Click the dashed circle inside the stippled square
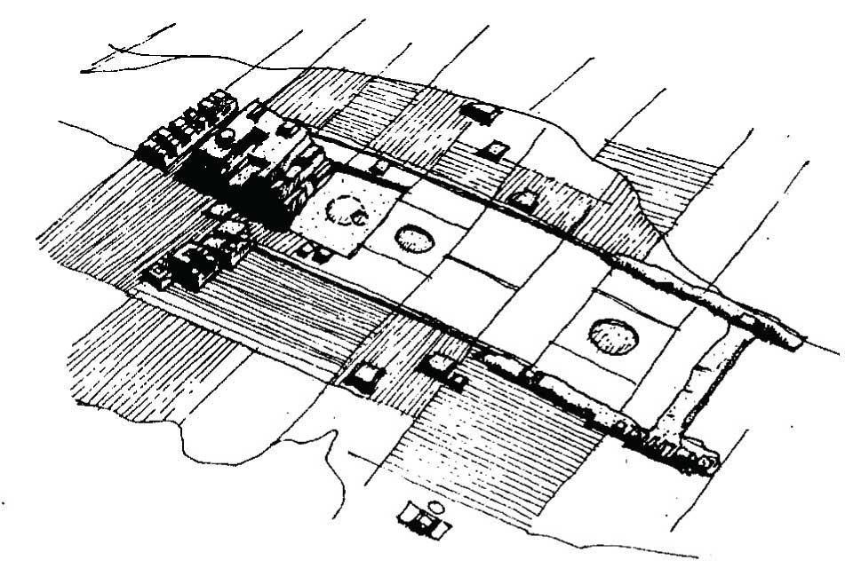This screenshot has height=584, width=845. [346, 211]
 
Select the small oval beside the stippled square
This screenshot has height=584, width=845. [412, 238]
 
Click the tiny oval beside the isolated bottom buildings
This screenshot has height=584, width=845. [435, 508]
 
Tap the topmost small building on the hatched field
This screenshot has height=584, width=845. [480, 112]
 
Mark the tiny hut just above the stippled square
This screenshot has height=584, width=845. [380, 167]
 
